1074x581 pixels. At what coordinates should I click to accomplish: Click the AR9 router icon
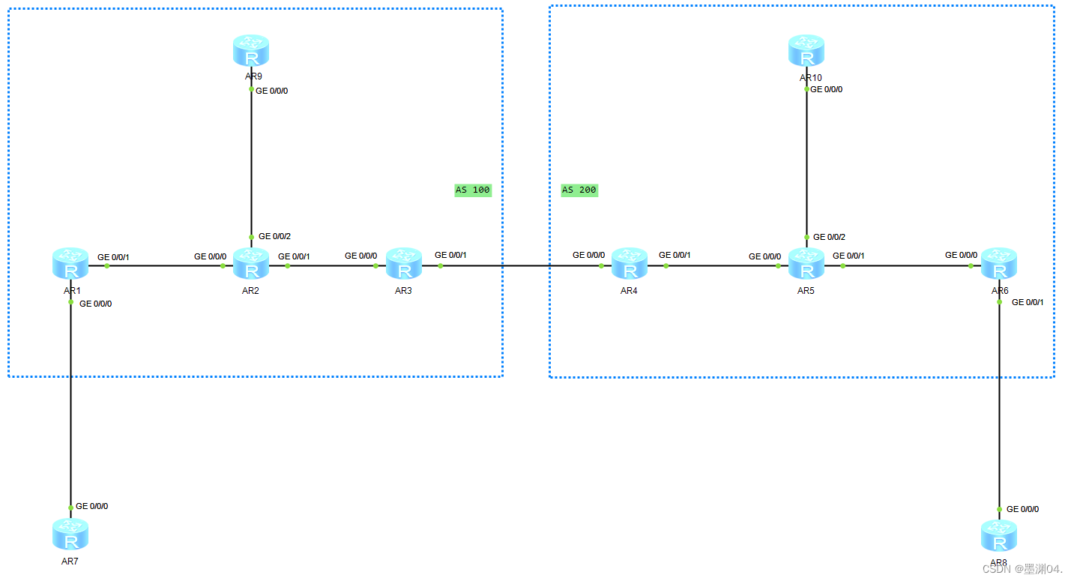[x=250, y=51]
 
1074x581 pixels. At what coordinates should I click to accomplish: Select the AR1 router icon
[x=70, y=265]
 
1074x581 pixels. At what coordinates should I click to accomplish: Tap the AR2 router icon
[x=250, y=265]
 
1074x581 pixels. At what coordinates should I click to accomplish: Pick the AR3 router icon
[x=404, y=265]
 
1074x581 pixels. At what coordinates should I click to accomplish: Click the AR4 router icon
[x=629, y=265]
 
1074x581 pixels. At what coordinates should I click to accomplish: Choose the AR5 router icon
[x=806, y=265]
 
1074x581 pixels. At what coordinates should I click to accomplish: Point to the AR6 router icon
[x=999, y=265]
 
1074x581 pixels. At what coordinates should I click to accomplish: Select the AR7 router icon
[x=70, y=535]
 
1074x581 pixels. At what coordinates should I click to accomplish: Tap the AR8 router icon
[x=999, y=536]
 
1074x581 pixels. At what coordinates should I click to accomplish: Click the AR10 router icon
[x=806, y=51]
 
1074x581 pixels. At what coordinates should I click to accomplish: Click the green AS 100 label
[x=472, y=190]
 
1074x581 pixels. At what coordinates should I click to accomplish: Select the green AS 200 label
[x=579, y=190]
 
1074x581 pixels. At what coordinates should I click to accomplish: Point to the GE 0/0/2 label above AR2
[x=274, y=236]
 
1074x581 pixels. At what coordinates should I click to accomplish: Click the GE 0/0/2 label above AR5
[x=829, y=237]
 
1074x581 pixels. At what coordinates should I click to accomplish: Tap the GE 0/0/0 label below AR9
[x=272, y=91]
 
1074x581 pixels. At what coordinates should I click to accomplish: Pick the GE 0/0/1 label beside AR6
[x=1028, y=302]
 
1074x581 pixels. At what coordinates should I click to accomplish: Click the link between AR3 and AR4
[x=517, y=265]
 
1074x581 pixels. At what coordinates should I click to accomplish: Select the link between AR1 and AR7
[x=70, y=405]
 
